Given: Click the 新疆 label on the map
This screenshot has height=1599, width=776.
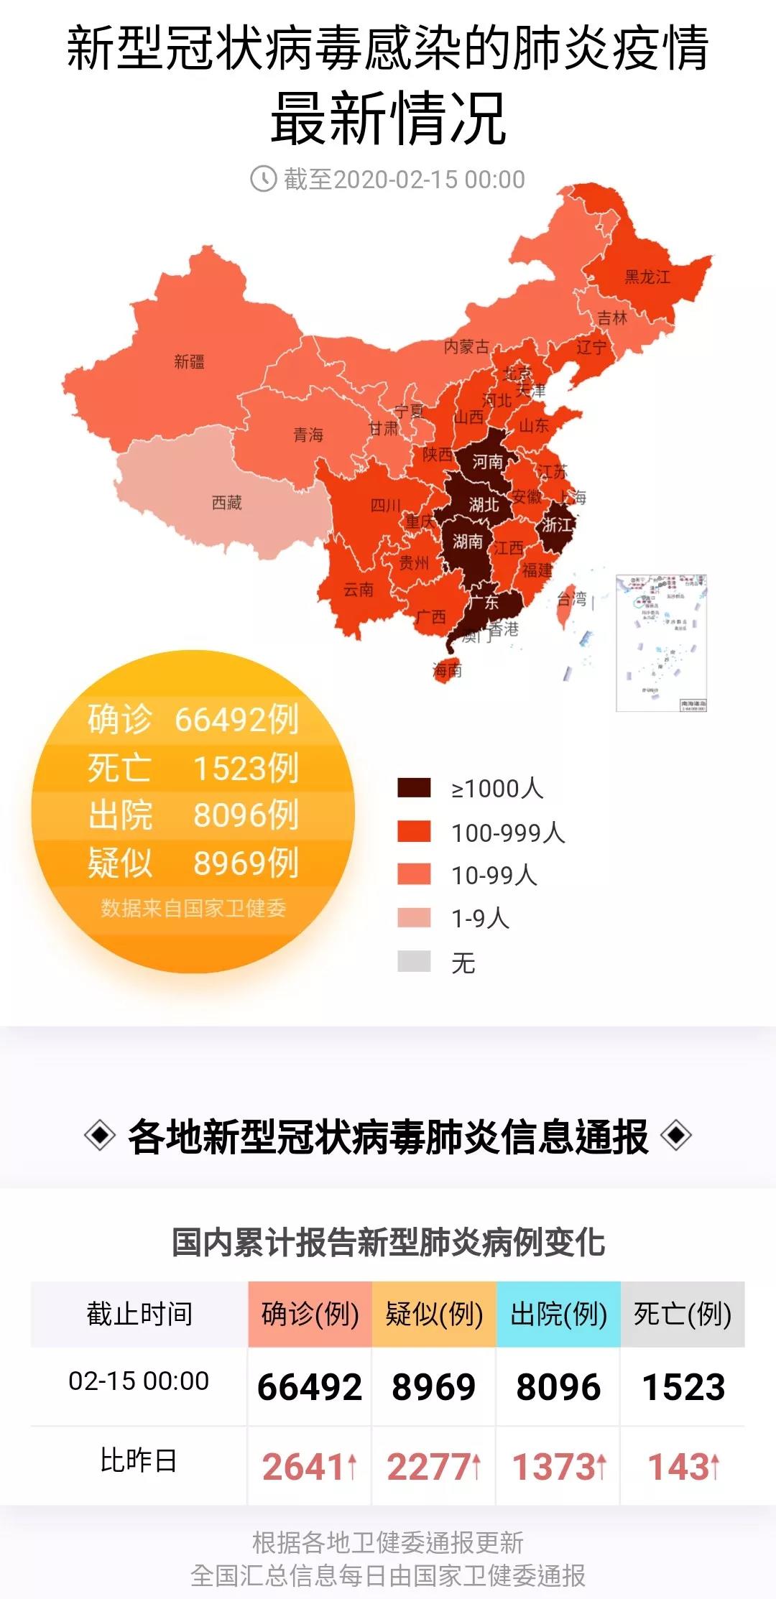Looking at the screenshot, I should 189,361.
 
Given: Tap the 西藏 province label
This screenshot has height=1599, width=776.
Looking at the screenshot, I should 227,503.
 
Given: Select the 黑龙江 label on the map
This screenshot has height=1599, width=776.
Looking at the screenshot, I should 647,277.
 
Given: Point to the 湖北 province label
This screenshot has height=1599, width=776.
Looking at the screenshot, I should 484,505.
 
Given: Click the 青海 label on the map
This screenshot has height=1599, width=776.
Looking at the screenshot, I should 308,435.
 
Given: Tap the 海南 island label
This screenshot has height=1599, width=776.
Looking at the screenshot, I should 447,671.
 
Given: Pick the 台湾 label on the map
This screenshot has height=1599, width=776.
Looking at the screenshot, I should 572,599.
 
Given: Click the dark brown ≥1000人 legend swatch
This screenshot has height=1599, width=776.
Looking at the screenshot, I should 414,788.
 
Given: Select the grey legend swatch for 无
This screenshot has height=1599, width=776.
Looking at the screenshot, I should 414,961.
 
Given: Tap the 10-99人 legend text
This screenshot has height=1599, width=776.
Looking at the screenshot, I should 494,875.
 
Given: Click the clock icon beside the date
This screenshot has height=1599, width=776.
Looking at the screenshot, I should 263,178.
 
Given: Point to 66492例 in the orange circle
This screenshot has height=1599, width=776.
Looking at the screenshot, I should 236,718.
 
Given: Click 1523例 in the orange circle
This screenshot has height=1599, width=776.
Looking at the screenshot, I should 246,767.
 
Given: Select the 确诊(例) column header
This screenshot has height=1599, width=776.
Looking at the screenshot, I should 310,1314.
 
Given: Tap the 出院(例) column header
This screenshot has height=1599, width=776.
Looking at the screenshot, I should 558,1314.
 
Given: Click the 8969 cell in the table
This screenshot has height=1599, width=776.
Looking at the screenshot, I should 433,1386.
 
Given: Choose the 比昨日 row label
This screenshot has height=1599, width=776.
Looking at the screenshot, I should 138,1461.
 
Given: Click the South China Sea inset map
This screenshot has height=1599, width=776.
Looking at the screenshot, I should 662,643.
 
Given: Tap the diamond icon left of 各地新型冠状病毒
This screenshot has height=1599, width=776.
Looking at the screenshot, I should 99,1136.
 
